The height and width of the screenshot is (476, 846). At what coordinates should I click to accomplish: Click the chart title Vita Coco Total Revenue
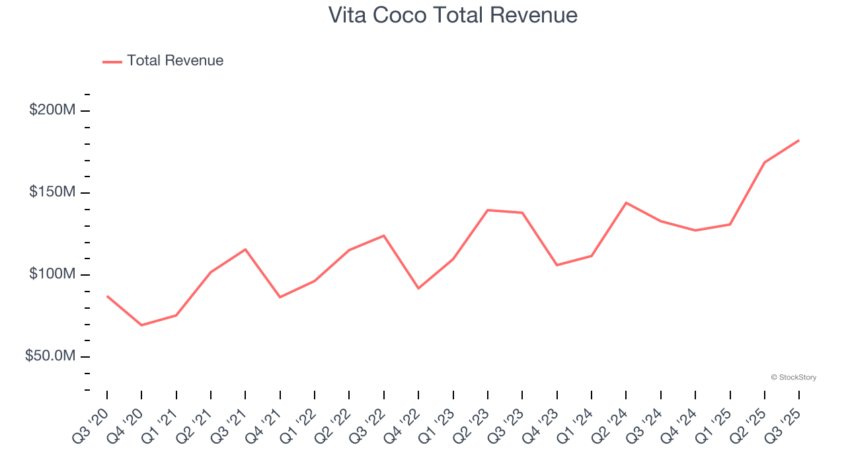coord(453,15)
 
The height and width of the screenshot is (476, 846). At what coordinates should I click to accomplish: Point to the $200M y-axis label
coord(52,110)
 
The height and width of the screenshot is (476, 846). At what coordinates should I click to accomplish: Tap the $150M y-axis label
coord(52,192)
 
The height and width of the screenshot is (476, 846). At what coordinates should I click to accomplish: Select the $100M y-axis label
coord(52,274)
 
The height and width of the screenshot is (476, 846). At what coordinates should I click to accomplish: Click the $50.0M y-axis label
coord(50,356)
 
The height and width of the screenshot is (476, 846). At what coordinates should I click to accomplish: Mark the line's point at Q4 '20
coord(141,325)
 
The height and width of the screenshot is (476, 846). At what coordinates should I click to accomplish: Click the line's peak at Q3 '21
coord(245,249)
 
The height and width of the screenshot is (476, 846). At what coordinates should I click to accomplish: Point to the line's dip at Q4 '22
coord(418,288)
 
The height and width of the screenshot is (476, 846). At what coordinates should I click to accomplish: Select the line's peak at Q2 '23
coord(488,210)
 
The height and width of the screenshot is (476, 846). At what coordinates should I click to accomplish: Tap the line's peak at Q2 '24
coord(626,203)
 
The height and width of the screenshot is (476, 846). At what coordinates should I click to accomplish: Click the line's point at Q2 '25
coord(765,162)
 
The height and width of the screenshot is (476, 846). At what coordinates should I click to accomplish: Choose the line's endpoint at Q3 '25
coord(798,140)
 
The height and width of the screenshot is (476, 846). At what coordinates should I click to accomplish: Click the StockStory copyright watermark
coord(793,377)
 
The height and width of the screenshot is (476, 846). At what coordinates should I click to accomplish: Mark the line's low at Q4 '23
coord(557,265)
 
